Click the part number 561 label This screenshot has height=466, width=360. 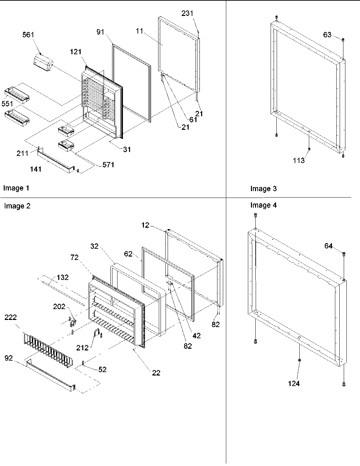click(28, 35)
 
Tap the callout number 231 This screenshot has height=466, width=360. click(187, 14)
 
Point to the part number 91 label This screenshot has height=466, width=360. click(101, 32)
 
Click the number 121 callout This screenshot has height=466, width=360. click(76, 52)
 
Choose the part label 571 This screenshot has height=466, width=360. click(108, 165)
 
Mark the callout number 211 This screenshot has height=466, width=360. click(23, 154)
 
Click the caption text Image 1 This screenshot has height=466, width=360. click(16, 188)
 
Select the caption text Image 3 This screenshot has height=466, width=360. click(263, 189)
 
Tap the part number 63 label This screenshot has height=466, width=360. click(327, 35)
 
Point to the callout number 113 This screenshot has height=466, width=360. click(299, 161)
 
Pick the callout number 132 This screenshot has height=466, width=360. click(62, 277)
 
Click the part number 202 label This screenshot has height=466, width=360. click(59, 306)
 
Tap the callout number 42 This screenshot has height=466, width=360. click(196, 336)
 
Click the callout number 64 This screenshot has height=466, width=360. click(329, 246)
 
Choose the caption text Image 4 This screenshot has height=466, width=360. click(263, 205)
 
